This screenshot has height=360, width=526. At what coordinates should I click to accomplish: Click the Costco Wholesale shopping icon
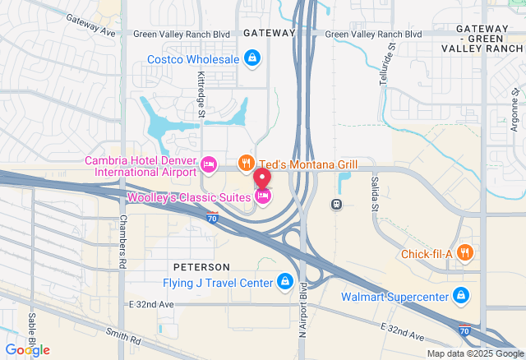point(253,59)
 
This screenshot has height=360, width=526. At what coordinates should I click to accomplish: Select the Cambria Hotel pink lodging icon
point(208,164)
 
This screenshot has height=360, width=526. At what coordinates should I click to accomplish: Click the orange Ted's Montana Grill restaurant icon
point(245,164)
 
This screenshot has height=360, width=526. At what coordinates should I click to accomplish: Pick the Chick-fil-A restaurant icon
point(465,253)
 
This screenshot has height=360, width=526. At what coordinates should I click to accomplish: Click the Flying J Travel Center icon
point(284,283)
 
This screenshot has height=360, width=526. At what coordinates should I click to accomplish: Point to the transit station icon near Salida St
point(336,203)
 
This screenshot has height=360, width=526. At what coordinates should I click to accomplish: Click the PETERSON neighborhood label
point(201,268)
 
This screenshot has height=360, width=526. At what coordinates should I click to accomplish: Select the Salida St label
point(373,192)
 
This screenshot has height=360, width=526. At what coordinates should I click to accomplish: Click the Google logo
point(27,349)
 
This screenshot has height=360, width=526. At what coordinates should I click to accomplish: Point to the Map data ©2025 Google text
point(474,354)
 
